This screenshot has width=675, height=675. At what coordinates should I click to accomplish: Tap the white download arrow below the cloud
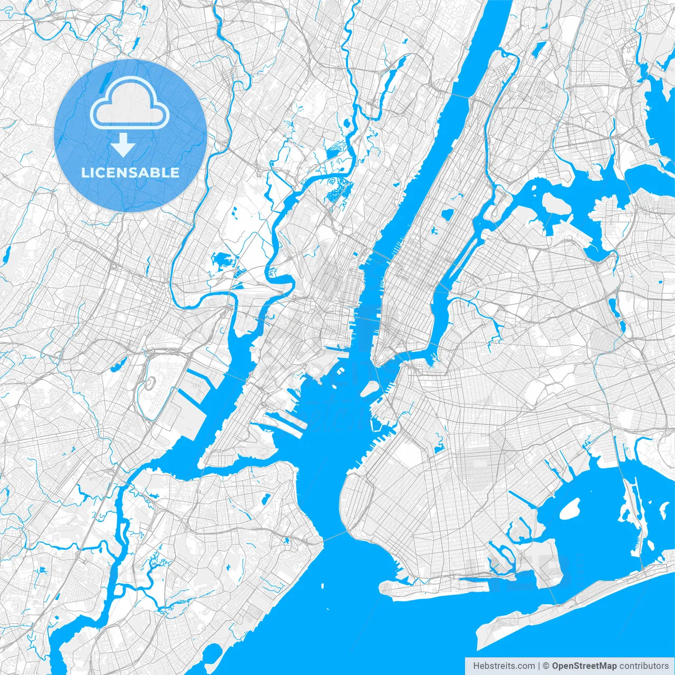pos(123,145)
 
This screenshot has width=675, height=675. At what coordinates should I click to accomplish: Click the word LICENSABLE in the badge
pos(130,172)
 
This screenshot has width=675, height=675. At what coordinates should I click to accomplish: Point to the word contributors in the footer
pos(644,666)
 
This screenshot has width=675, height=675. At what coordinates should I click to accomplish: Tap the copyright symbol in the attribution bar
pos(546,666)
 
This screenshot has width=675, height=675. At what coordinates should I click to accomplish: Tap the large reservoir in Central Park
pos(447,214)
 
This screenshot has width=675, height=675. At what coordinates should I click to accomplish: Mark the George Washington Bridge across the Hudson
pos(464,97)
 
